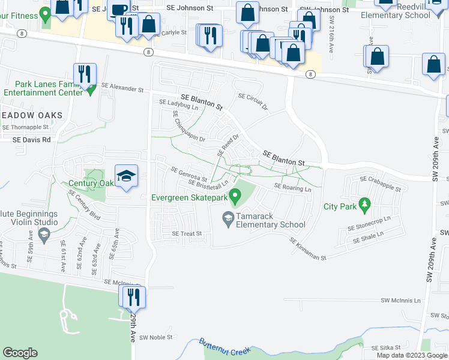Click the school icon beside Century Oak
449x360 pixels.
(126, 176)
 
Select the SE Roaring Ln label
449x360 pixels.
(293, 187)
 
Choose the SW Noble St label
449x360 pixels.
(156, 337)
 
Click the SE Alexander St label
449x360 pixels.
(123, 89)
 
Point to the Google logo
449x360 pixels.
(20, 353)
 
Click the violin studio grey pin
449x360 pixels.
(43, 235)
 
